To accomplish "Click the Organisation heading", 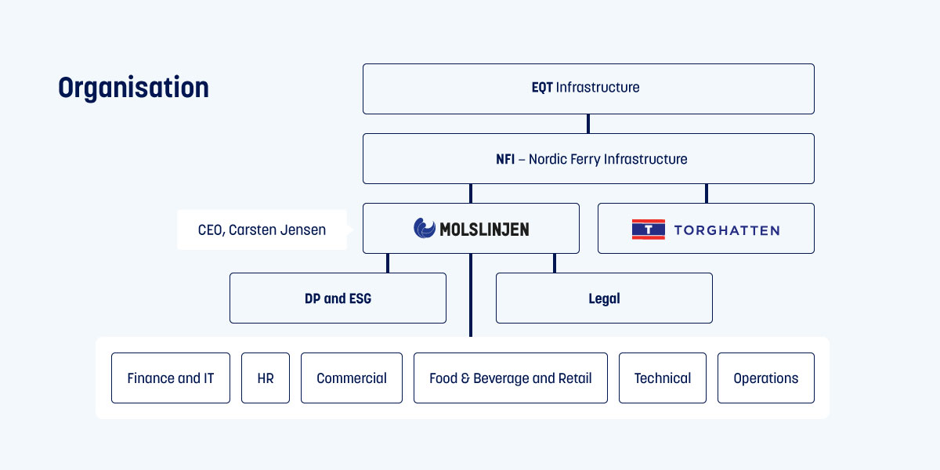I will point(133,88).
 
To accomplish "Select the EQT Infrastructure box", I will point(587,89).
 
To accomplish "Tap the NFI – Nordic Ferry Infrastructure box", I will point(587,158).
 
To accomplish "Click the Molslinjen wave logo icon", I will point(425,229).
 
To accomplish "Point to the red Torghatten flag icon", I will point(648,230).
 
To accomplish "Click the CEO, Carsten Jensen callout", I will point(262,230).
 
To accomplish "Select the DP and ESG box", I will point(338,298).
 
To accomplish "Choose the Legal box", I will point(604,298).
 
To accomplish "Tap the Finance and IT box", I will point(170,378).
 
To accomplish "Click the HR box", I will point(266,378).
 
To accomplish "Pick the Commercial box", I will point(351,378).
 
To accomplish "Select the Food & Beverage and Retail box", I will point(510,378).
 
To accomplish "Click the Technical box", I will point(662,378).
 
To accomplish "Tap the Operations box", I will point(765,378).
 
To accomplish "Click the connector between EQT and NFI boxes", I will point(588,124).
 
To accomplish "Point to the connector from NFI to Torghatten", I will point(707,193).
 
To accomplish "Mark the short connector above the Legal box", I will point(555,263).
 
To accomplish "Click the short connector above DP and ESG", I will point(388,263).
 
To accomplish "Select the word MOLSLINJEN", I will point(484,230).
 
